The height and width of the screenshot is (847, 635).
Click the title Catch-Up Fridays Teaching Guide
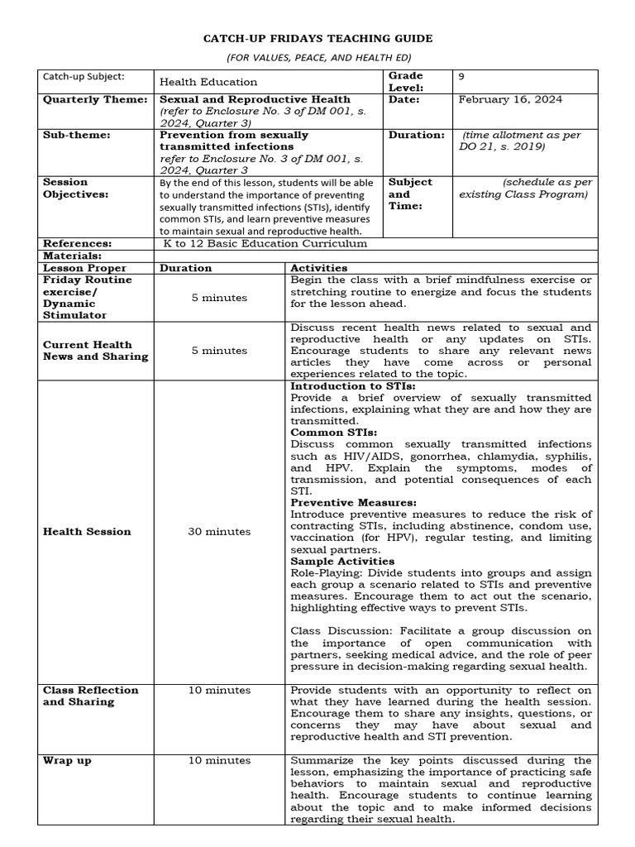coord(318,39)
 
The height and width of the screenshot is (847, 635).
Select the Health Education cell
coord(208,82)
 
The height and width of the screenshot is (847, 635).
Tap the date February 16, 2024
coord(510,99)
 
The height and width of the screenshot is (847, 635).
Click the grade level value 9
coord(461,76)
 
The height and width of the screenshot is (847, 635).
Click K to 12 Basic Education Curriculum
coord(265,244)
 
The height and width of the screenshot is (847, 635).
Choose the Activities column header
coord(318,268)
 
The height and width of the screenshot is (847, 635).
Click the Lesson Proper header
coord(84,268)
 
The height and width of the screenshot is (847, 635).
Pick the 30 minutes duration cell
coord(219,532)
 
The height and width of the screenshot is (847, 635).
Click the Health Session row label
coord(87,532)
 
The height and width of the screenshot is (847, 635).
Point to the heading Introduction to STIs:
coord(353,386)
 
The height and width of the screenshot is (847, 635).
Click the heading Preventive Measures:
coord(353,502)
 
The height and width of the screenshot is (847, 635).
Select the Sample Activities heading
coord(342,561)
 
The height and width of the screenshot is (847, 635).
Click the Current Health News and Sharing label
coord(95,351)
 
